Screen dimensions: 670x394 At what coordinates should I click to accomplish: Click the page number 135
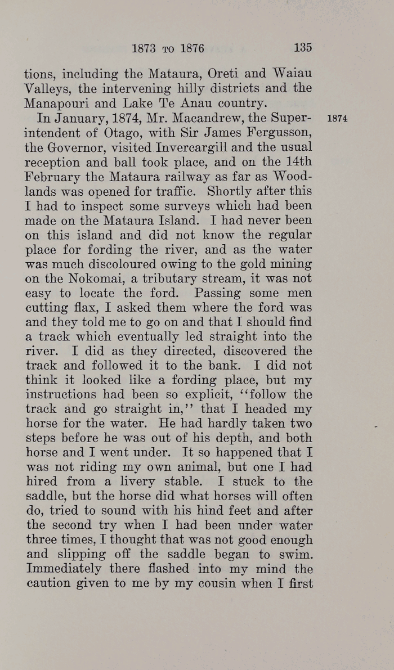point(302,47)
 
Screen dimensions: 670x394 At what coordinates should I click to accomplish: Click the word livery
point(153,482)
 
